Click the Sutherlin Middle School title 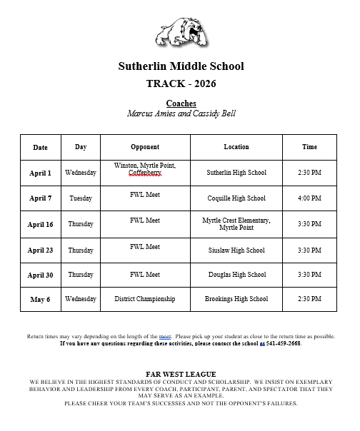(181, 66)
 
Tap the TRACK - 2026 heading (181, 84)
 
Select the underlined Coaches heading (181, 103)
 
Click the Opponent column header (145, 147)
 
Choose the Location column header (236, 147)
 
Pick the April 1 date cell (40, 173)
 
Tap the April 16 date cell (40, 224)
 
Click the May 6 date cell (40, 299)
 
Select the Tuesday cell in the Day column (81, 198)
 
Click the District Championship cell (145, 299)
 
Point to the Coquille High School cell (236, 198)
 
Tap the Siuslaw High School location (236, 250)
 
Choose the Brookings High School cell (236, 299)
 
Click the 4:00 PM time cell (309, 198)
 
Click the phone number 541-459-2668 (283, 343)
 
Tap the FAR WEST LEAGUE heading (181, 374)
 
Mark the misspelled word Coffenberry (145, 173)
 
